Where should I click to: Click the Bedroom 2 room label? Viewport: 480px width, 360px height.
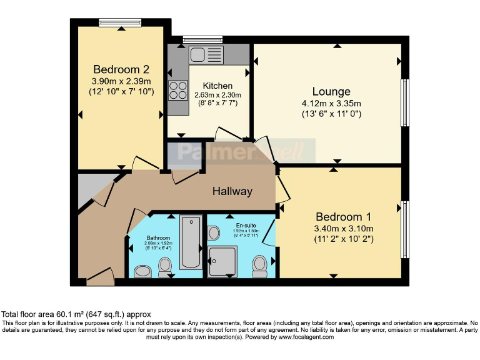coord(121,69)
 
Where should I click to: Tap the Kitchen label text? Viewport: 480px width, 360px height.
coord(217,86)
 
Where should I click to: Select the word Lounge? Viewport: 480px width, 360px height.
coord(331,91)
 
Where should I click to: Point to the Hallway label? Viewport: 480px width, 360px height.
coord(231,191)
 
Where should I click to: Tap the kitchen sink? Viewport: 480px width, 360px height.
coord(206,54)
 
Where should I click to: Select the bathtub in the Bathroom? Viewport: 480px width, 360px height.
coord(191,242)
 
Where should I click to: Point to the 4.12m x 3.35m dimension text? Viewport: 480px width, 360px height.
coord(331,103)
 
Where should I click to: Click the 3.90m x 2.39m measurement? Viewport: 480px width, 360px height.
coord(121,81)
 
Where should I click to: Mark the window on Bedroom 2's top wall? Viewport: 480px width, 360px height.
coord(120,22)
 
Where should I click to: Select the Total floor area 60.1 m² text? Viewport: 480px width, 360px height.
coord(76,314)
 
